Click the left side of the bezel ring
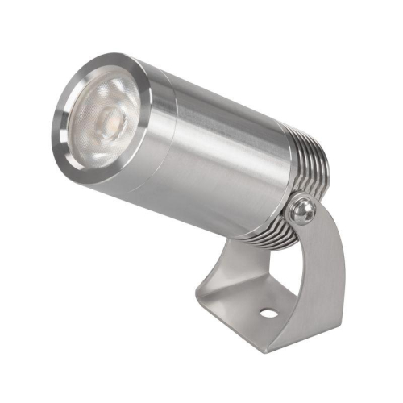point(57,121)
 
